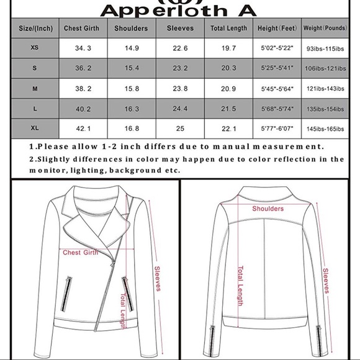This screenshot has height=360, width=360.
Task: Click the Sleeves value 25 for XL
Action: (180, 129)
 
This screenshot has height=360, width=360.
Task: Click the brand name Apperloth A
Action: (180, 9)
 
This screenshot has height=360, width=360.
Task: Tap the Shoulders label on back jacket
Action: (268, 209)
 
